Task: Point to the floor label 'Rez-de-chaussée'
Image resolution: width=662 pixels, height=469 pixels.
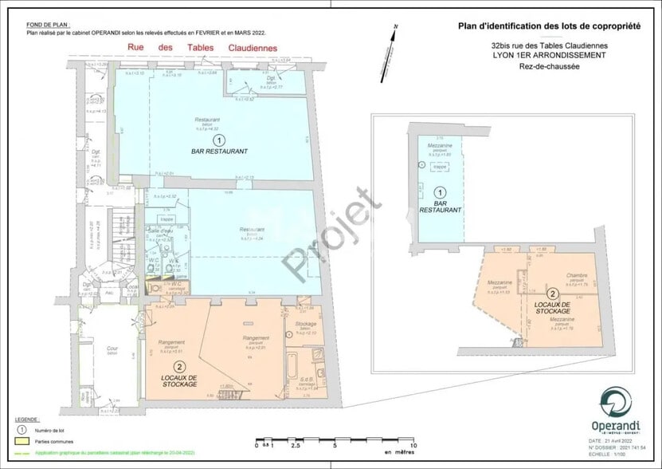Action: (548, 66)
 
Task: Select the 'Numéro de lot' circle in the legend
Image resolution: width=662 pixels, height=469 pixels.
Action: (22, 428)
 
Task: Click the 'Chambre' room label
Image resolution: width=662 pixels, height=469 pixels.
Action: (577, 275)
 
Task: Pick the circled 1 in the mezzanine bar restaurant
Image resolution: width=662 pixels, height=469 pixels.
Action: (438, 192)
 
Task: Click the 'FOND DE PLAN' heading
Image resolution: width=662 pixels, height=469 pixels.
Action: (41, 25)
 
